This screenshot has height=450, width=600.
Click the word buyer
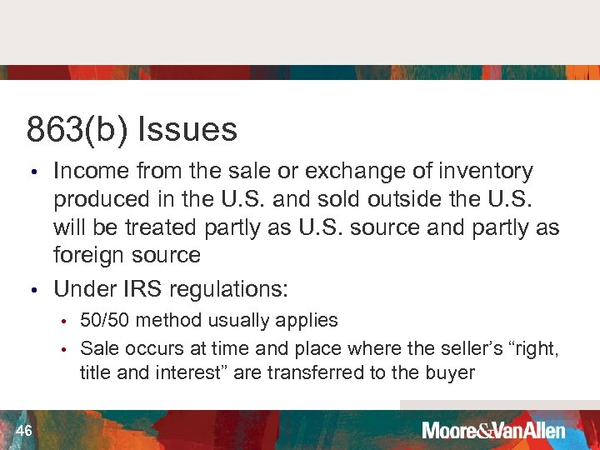click(x=450, y=372)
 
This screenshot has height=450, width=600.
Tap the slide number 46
click(x=23, y=430)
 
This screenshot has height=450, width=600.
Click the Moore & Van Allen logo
click(x=493, y=431)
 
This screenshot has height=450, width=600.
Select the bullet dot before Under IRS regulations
click(x=32, y=291)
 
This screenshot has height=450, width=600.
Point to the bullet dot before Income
click(x=32, y=173)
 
